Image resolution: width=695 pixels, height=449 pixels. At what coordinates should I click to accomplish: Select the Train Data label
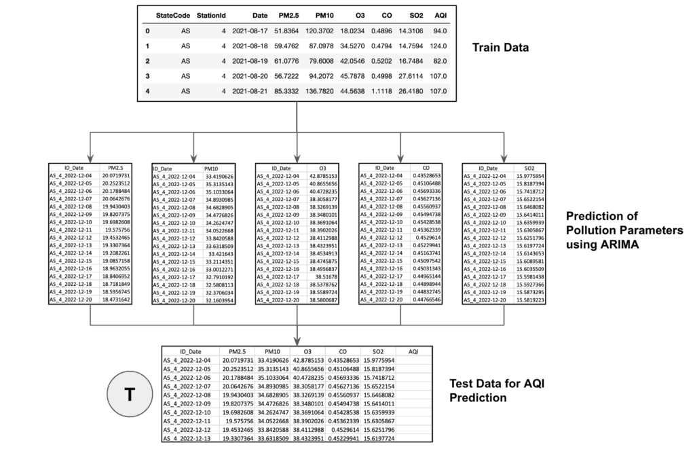click(502, 48)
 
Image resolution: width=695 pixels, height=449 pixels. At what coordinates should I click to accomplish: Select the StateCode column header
click(173, 14)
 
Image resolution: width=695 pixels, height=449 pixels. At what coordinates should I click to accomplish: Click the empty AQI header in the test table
click(413, 351)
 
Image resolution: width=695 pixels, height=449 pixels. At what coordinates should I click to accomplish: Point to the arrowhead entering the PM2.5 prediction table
click(90, 158)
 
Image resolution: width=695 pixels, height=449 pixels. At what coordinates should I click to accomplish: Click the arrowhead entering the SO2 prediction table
click(504, 158)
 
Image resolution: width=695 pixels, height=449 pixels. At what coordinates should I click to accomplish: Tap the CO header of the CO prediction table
click(426, 167)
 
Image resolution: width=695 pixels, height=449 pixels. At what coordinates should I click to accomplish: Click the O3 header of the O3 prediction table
click(322, 168)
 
